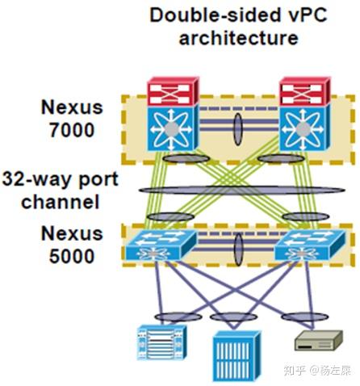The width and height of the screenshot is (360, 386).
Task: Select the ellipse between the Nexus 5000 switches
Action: [239, 245]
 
